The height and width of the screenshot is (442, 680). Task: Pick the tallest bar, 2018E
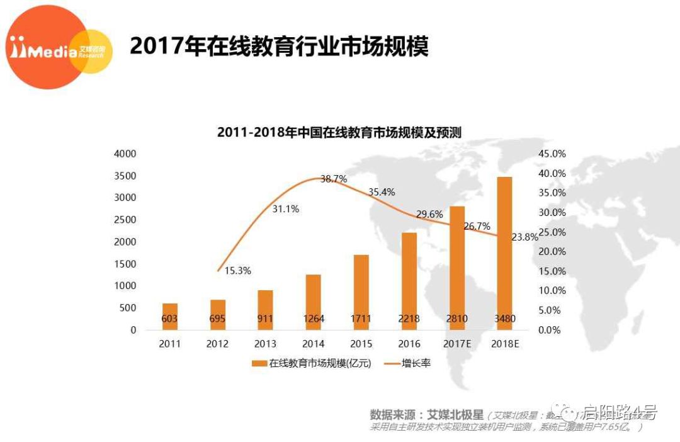point(504,252)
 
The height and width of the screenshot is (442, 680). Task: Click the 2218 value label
point(409,319)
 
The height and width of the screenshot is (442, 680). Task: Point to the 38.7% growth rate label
point(334,179)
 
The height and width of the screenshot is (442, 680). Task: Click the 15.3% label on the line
point(238,271)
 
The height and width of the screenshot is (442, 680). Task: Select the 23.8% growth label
point(525,237)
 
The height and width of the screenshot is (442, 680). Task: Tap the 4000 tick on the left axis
point(125,154)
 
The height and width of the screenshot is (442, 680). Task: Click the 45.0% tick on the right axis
point(553,154)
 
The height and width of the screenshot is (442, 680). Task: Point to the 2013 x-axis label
point(265,344)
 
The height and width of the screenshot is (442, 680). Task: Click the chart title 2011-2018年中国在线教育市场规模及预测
point(339,133)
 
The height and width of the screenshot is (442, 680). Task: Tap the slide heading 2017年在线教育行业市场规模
point(279,46)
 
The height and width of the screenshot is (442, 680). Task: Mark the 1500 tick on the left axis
point(125,264)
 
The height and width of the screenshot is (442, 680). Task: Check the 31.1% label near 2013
point(285,209)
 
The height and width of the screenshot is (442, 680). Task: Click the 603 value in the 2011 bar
point(169,319)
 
